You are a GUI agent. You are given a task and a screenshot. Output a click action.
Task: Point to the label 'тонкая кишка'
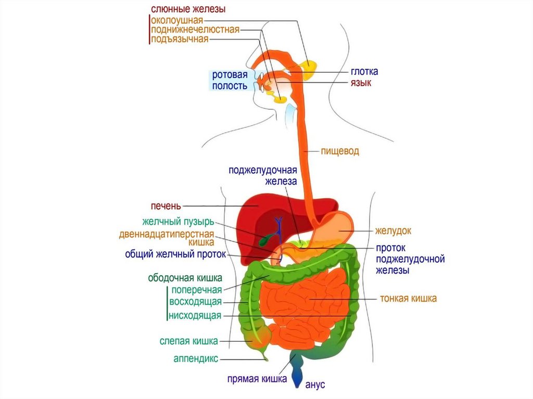(408, 299)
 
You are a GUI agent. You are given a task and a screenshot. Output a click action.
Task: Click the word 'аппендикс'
(196, 358)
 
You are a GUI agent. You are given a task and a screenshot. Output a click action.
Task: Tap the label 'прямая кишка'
(257, 379)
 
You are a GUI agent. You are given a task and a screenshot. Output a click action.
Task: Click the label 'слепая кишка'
(188, 341)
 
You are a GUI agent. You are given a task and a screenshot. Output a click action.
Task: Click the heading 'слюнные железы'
(188, 9)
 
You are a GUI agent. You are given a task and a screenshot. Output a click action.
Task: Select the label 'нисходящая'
(195, 315)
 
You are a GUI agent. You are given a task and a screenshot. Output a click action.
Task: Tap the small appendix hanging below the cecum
(265, 356)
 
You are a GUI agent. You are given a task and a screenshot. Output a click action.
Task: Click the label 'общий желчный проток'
(175, 255)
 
